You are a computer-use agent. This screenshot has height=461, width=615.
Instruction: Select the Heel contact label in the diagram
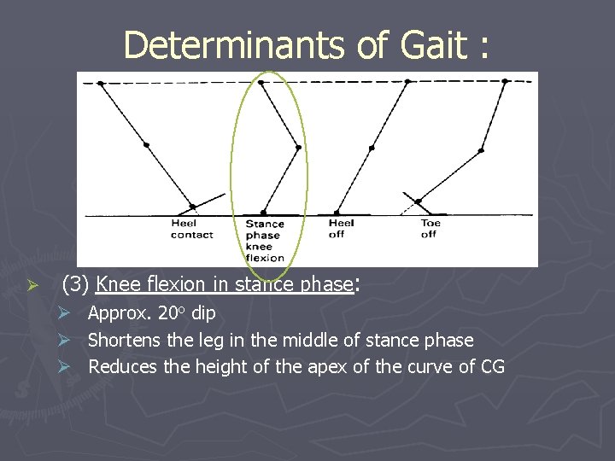tap(191, 230)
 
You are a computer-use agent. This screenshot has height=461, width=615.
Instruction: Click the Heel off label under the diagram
tap(342, 229)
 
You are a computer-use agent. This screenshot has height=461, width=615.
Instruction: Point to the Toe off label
tap(429, 229)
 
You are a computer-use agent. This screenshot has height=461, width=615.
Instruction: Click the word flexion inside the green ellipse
tap(264, 258)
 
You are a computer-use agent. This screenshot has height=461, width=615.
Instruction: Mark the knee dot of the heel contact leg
tap(146, 145)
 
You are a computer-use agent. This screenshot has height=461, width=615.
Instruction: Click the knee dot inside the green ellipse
tap(298, 148)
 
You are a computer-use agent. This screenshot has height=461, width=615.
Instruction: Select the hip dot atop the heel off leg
tap(407, 82)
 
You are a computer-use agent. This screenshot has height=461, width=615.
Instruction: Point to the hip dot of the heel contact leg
tap(101, 83)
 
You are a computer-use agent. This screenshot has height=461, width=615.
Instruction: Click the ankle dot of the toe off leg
tap(418, 202)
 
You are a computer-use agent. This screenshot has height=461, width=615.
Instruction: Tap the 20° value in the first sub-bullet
tap(173, 313)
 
